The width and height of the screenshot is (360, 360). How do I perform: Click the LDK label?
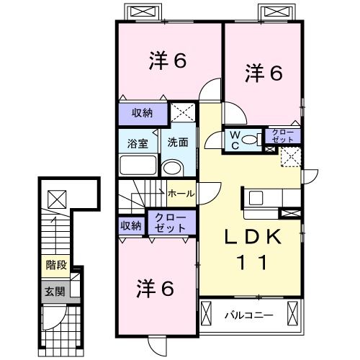click(x=253, y=238)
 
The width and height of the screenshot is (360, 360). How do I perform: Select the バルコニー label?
click(x=248, y=315)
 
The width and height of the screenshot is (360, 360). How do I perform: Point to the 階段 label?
click(x=57, y=265)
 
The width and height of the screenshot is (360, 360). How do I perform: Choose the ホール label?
click(x=179, y=194)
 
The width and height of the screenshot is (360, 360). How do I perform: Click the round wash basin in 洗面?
click(x=172, y=168)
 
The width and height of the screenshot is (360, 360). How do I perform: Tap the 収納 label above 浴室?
click(x=143, y=113)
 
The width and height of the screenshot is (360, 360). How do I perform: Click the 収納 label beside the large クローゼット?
click(x=131, y=225)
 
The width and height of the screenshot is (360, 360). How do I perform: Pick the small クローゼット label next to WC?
click(x=281, y=135)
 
